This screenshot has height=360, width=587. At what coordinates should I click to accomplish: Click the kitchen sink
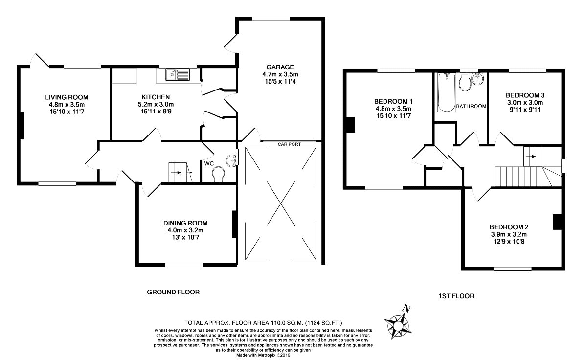point(178,75)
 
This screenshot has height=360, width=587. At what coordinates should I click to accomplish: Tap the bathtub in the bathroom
point(447,92)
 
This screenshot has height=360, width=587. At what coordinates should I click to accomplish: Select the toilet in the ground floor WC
point(219,174)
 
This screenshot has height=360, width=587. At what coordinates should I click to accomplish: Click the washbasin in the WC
point(231,160)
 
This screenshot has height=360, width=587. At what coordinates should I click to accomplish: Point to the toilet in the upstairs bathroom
point(465,82)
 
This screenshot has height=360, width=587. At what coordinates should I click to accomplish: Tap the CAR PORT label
point(289,144)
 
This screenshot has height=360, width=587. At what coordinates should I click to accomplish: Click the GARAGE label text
point(280,67)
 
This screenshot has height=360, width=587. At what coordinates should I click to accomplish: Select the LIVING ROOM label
point(67,97)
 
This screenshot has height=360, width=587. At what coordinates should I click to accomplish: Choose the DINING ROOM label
point(185,223)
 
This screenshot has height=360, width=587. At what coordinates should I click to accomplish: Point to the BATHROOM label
point(471,106)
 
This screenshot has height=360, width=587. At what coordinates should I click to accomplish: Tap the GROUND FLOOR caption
point(173,292)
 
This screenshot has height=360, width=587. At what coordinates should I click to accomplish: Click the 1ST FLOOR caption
point(456,296)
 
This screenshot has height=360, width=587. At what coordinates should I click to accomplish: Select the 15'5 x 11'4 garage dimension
point(280,82)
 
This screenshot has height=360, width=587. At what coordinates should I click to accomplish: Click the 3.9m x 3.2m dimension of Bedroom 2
point(509,234)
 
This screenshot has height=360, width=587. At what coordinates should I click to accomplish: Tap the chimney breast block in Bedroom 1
point(351,125)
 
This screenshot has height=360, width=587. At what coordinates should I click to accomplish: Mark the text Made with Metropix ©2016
point(263,355)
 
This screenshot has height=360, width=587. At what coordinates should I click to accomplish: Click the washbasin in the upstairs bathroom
point(478,79)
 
